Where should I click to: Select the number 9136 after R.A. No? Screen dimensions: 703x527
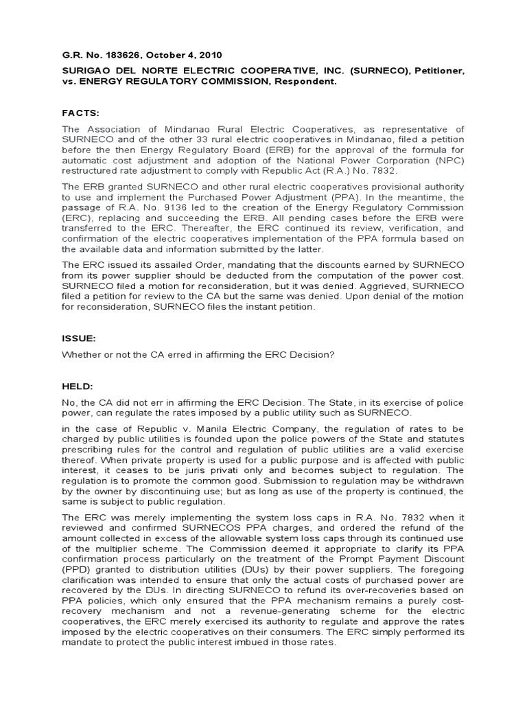click(x=138, y=209)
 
